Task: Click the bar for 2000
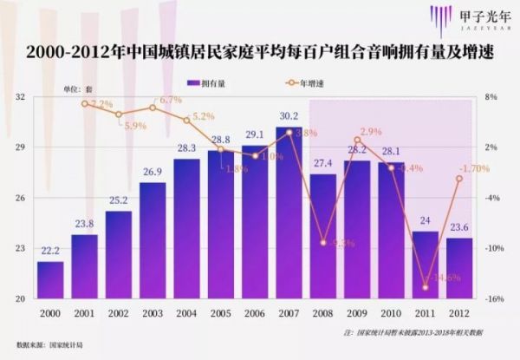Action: coord(50,279)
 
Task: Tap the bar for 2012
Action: coord(459,268)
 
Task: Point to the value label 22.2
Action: coord(50,252)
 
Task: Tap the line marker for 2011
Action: coord(426,287)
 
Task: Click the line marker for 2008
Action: coord(323,243)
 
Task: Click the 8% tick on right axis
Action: coord(491,97)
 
